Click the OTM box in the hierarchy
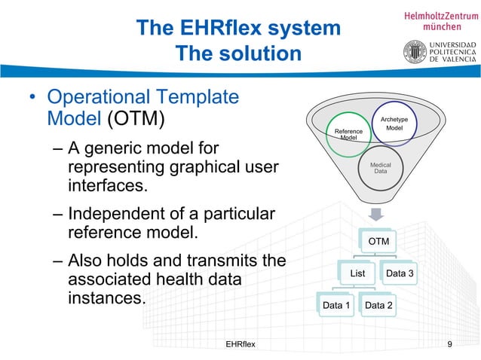click(x=378, y=241)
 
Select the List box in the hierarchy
click(x=358, y=273)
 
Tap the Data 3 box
click(x=400, y=273)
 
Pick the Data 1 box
click(x=336, y=305)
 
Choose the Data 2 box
click(x=378, y=305)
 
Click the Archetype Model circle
click(x=394, y=125)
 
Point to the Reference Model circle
click(x=348, y=134)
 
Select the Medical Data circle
click(x=381, y=167)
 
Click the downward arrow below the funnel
click(x=377, y=214)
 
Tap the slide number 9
click(x=449, y=344)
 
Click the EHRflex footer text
click(x=240, y=344)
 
